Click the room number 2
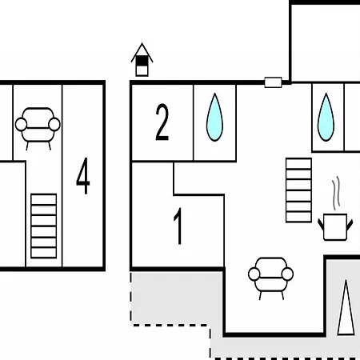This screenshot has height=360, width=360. [x=162, y=122]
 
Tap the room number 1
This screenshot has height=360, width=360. [x=178, y=226]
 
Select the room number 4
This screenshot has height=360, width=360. [x=83, y=176]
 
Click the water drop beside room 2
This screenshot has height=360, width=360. [x=214, y=117]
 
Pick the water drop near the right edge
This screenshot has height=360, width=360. [x=326, y=117]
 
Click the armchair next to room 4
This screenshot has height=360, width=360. [x=38, y=129]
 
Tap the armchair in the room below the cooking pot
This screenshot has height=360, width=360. [x=270, y=278]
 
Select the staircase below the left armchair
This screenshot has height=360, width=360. [x=44, y=226]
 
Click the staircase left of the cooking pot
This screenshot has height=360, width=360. [x=298, y=190]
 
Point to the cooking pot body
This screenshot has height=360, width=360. [x=335, y=227]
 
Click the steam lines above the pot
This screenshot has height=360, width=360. [x=336, y=193]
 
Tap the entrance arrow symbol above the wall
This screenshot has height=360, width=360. [x=142, y=59]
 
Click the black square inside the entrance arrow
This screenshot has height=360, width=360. [x=142, y=61]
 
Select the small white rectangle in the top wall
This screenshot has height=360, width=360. [x=273, y=82]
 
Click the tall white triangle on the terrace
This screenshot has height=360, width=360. [x=346, y=307]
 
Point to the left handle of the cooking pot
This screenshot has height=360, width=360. [x=321, y=225]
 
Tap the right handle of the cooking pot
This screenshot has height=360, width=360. [x=350, y=225]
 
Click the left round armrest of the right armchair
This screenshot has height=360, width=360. [x=254, y=274]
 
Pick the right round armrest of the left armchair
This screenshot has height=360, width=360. [x=54, y=124]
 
